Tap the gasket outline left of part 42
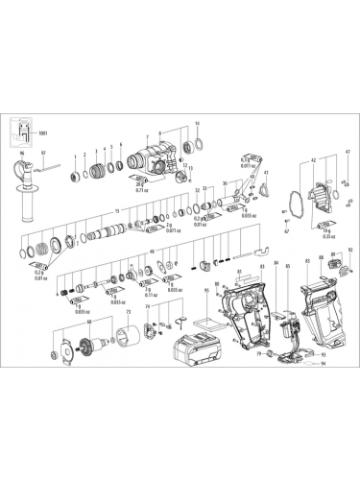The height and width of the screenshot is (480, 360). [285, 204]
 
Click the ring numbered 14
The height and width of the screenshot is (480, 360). [199, 145]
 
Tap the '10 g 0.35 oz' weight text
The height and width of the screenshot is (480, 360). [334, 231]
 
